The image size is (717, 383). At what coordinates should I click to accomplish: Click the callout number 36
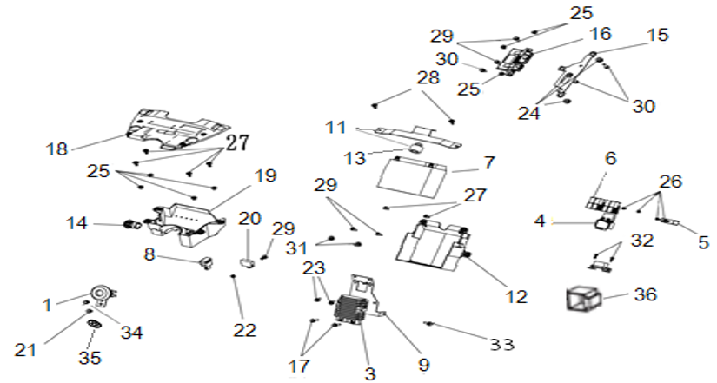[645, 294]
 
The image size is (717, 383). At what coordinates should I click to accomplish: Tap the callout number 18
[56, 149]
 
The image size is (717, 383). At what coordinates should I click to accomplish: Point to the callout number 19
[266, 175]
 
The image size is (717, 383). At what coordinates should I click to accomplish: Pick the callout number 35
[90, 358]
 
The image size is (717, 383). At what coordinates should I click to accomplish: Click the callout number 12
[517, 297]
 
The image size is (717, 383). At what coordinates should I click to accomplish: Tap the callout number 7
[489, 162]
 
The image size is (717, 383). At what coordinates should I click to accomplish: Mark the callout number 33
[501, 344]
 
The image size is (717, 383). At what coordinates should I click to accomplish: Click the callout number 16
[600, 33]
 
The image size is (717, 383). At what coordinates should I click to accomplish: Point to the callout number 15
[658, 35]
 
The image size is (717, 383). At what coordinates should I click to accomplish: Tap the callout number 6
[611, 158]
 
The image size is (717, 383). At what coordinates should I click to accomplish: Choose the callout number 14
[76, 223]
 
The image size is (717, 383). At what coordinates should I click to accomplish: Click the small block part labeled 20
[248, 263]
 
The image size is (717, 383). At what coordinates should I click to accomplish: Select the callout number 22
[245, 330]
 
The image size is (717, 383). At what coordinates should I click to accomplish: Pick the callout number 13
[355, 158]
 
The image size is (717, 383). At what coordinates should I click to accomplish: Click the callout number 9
[424, 364]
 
